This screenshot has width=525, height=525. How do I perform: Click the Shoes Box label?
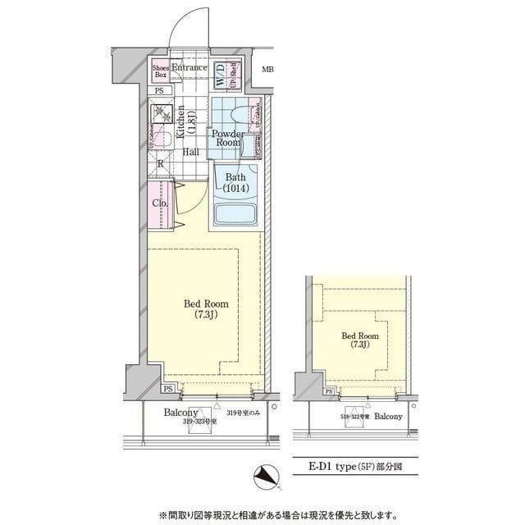[160, 71]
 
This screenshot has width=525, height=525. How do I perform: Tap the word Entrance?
[189, 67]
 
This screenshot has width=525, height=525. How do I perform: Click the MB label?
[267, 68]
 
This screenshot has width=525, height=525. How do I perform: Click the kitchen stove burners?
[159, 113]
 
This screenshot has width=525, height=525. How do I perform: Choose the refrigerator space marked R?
[159, 163]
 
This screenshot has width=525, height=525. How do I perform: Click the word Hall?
[191, 152]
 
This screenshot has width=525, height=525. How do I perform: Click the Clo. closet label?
[160, 203]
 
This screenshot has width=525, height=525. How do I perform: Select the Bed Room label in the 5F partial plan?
[359, 340]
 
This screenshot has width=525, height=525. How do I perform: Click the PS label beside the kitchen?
[158, 90]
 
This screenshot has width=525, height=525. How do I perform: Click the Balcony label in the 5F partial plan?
[388, 416]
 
